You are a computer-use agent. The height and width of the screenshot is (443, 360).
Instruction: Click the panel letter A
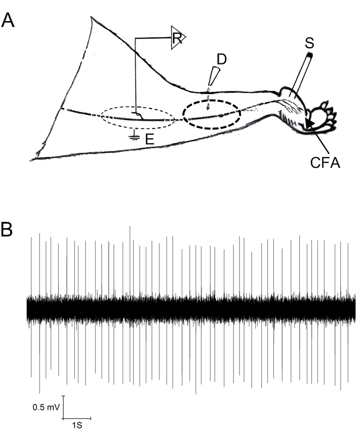pos(9,21)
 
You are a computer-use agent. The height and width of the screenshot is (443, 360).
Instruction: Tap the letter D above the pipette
pos(221,59)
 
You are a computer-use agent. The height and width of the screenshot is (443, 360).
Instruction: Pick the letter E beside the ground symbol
pos(150,139)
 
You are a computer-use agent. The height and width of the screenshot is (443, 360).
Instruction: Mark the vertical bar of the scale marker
pos(63,407)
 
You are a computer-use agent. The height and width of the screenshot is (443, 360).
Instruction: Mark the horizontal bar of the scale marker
pos(77,419)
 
